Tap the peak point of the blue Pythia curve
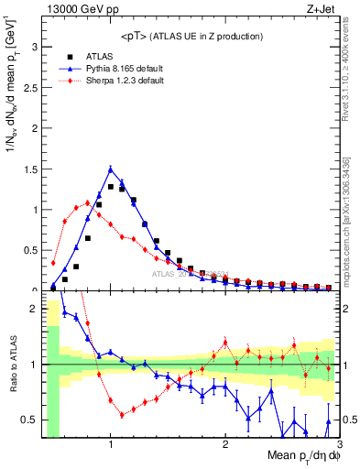click(x=111, y=169)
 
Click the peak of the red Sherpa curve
click(x=88, y=202)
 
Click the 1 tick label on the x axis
click(x=111, y=444)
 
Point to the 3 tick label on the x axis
click(x=339, y=444)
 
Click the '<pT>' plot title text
click(x=191, y=37)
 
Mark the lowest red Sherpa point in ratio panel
click(x=122, y=415)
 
